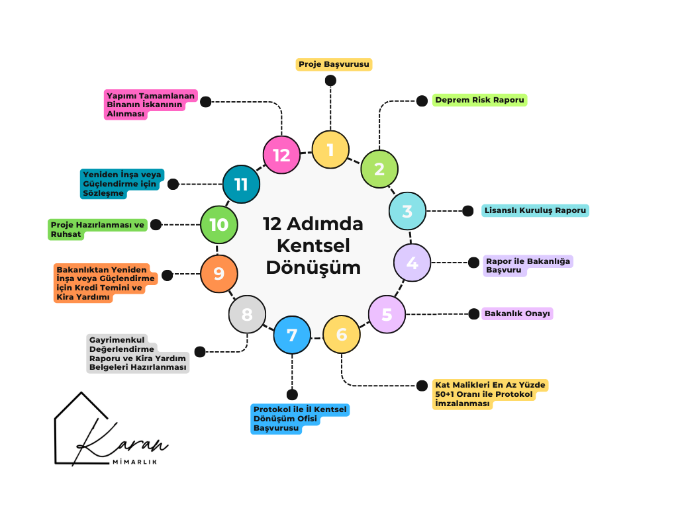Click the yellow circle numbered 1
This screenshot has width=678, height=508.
point(330,149)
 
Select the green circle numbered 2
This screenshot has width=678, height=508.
point(379,169)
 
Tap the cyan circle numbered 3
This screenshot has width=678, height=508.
point(407,211)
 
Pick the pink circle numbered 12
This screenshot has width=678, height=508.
point(281,155)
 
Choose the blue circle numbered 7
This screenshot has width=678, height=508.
point(292,335)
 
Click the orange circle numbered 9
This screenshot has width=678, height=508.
point(218,273)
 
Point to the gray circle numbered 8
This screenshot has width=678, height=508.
point(247,314)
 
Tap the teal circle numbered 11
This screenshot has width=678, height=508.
point(241,183)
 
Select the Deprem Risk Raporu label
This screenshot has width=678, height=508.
point(479,101)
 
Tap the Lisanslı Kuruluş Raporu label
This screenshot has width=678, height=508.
point(535,211)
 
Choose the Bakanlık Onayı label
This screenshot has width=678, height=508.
point(518,314)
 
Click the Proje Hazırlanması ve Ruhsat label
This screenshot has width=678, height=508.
point(97,229)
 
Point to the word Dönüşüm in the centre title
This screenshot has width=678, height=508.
point(313,267)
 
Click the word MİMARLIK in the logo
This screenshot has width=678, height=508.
point(135,462)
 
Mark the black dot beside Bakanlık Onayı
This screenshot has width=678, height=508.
point(473,314)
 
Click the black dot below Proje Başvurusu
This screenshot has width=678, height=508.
point(330,81)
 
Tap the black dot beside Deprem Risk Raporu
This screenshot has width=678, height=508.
point(421,101)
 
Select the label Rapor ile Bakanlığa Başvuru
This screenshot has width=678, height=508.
point(527,265)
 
